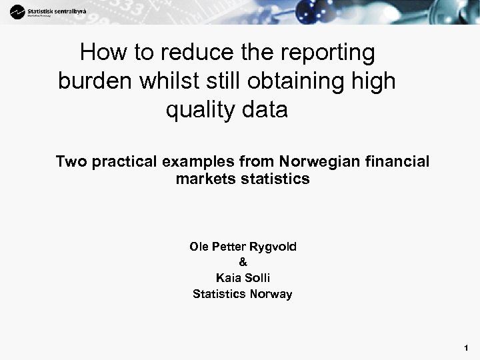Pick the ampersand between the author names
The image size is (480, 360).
tap(242, 262)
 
